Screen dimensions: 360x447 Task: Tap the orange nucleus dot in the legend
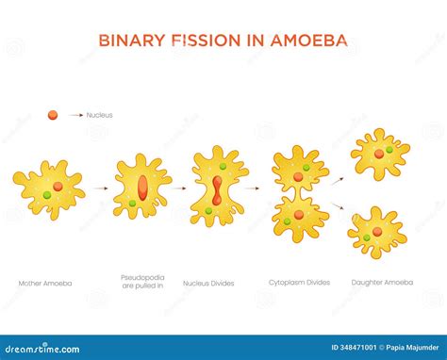click(x=53, y=115)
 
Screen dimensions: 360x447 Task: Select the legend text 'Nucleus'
click(x=99, y=115)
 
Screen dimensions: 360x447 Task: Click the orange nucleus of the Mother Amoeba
click(x=58, y=187)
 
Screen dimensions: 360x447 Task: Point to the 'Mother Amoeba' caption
click(x=44, y=283)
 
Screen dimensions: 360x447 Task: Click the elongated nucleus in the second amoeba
click(x=141, y=187)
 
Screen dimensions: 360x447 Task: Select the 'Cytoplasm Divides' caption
click(x=299, y=283)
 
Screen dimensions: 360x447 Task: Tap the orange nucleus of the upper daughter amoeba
click(x=378, y=153)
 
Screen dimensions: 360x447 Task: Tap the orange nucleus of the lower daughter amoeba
click(x=377, y=231)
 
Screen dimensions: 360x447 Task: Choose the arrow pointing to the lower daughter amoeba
click(x=336, y=207)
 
